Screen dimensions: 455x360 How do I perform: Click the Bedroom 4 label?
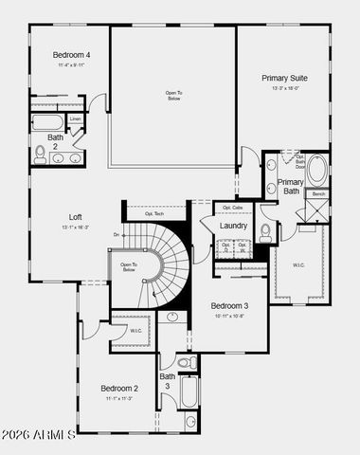[x=71, y=56]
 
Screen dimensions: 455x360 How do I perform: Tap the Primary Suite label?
[x=285, y=79]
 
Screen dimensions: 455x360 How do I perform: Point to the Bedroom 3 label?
[x=229, y=305]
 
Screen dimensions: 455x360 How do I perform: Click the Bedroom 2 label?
[x=120, y=388]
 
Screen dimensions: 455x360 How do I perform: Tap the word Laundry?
[x=233, y=226]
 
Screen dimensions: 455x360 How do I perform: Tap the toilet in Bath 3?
[x=187, y=363]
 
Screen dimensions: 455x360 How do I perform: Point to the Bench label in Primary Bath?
[x=318, y=194]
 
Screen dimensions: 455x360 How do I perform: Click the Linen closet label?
[x=74, y=118]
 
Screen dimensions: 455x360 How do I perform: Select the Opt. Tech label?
[x=154, y=213]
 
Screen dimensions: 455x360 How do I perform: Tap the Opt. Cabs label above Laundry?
[x=233, y=208]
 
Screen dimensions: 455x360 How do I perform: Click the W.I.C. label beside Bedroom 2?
[x=136, y=331]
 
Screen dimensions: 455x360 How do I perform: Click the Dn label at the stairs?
[x=116, y=233]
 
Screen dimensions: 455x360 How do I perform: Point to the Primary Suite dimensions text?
[x=285, y=88]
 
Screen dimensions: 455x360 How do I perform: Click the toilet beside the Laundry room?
[x=266, y=230]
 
